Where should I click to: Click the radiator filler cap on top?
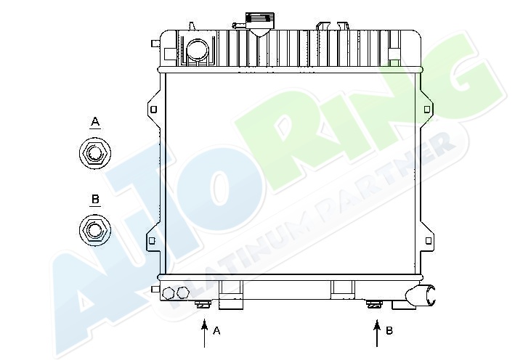pos(260,21)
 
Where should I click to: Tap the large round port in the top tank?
pos(198,50)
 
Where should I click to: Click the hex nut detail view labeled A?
pos(95,153)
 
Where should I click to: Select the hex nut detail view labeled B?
pos(95,229)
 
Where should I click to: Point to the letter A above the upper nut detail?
pos(95,122)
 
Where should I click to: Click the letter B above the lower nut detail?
pos(95,199)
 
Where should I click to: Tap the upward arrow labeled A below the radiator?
pos(205,332)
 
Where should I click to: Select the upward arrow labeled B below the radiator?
pos(377,332)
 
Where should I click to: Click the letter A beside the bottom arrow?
pos(216,331)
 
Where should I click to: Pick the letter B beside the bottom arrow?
pos(389,330)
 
